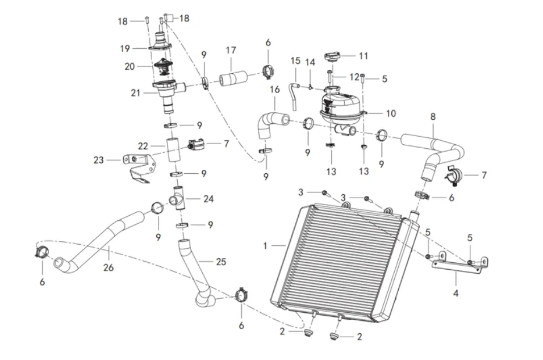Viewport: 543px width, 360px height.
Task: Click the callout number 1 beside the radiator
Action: click(265, 246)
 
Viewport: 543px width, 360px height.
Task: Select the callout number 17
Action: click(230, 50)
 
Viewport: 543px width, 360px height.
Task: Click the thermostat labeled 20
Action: click(164, 68)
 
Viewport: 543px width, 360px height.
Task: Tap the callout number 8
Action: click(433, 116)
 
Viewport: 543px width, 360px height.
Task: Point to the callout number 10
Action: click(390, 114)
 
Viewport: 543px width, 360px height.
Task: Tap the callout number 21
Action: click(135, 93)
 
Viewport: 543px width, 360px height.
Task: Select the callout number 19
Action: click(124, 49)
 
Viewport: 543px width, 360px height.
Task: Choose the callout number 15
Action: click(295, 60)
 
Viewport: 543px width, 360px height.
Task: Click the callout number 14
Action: click(310, 62)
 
